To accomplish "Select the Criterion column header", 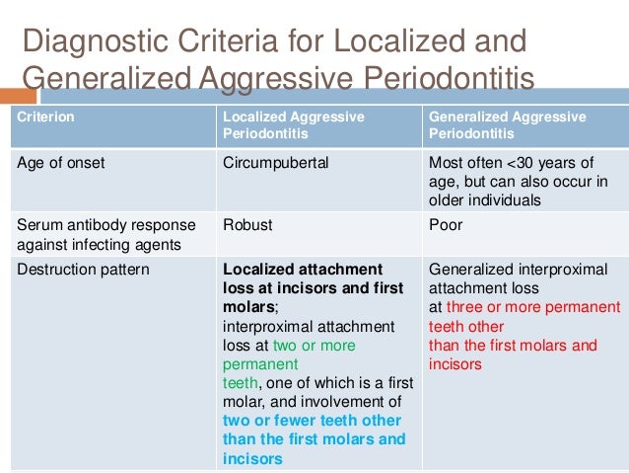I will tap(46, 117).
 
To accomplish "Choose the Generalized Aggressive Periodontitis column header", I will tap(507, 124).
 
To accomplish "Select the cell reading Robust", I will tap(247, 224).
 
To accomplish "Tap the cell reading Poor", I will tap(446, 224).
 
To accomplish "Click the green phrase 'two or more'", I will tap(314, 346).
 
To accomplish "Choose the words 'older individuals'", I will tap(485, 200).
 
